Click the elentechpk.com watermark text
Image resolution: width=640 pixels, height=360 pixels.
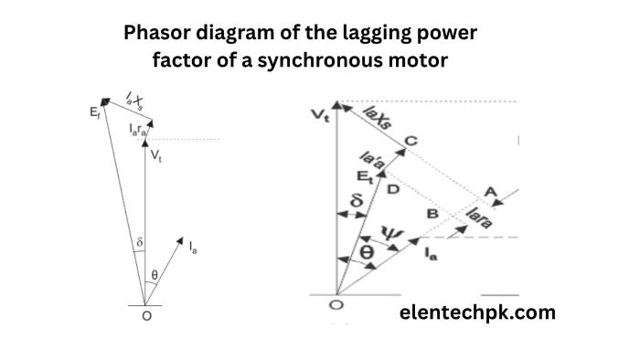point(478,312)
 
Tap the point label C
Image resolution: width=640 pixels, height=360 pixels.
point(411,141)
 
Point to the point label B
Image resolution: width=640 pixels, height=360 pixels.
point(433,214)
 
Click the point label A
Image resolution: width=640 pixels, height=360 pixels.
point(491,191)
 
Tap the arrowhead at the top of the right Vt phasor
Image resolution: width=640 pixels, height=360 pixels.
point(337,105)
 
